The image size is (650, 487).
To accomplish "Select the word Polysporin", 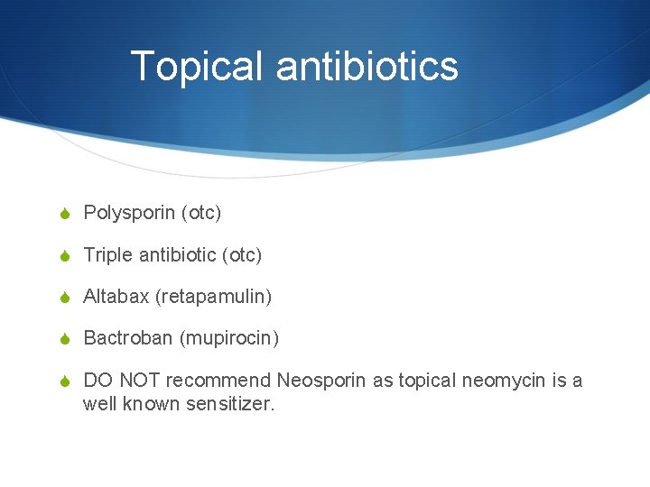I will click(x=129, y=214).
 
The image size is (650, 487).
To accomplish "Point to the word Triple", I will click(x=107, y=255).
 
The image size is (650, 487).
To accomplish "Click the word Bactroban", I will click(x=127, y=338).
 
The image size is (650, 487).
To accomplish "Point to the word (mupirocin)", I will click(x=229, y=339).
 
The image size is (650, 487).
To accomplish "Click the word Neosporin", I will click(x=322, y=381).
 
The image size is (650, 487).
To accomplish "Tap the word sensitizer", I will click(x=230, y=404).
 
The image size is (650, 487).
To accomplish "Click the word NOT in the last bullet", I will click(x=139, y=381).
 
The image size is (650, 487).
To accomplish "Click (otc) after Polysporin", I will click(x=201, y=214).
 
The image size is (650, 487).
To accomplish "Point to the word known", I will click(x=152, y=404).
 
